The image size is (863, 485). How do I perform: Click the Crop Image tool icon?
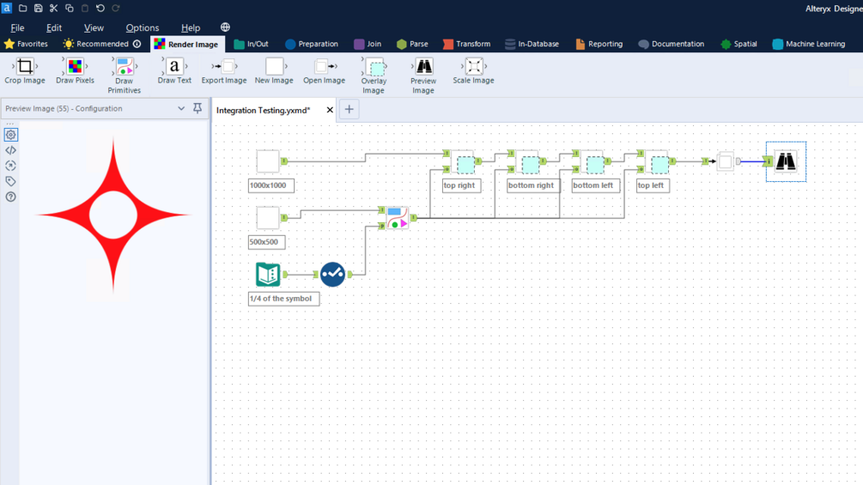tap(25, 67)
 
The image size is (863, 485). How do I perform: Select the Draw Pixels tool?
tap(75, 67)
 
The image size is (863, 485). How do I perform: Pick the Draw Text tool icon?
tap(174, 67)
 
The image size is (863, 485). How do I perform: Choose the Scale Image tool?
tap(473, 67)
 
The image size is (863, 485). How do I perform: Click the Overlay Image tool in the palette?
tap(374, 68)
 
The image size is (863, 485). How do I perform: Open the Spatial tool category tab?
tap(738, 44)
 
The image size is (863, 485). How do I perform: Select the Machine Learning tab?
tap(808, 44)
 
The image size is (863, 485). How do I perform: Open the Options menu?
tap(143, 27)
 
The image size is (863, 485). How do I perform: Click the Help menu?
tap(191, 27)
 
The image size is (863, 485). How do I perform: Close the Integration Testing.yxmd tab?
tap(330, 110)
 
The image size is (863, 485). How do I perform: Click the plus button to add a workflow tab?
tap(349, 110)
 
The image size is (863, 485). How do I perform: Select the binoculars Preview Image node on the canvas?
tap(786, 161)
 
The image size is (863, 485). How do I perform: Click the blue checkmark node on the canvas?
tap(332, 274)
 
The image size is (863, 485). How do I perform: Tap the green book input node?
tap(268, 274)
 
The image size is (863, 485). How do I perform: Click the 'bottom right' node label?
tap(531, 185)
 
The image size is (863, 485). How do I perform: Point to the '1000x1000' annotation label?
tap(271, 185)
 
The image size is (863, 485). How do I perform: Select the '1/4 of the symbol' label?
tap(283, 299)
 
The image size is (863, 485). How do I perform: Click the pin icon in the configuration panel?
tap(198, 109)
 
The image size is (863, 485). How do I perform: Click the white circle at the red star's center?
tap(113, 215)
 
